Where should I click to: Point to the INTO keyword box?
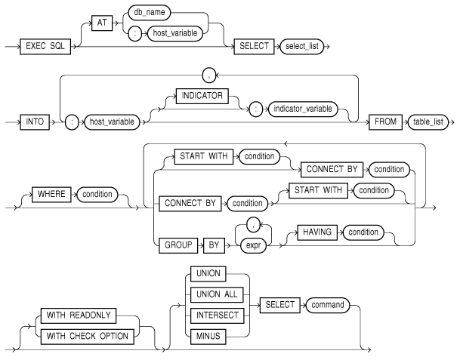tap(32, 119)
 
